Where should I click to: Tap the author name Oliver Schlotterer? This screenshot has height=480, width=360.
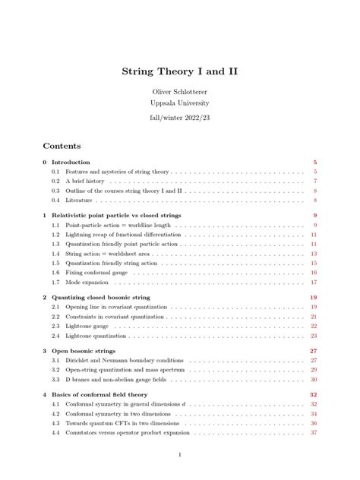pos(179,92)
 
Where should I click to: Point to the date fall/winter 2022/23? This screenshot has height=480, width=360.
pos(179,119)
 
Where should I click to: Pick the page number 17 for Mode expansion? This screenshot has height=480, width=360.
pos(313,282)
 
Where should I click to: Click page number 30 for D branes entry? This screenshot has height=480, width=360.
pos(313,379)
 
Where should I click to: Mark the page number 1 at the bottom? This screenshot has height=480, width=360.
pos(179,455)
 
